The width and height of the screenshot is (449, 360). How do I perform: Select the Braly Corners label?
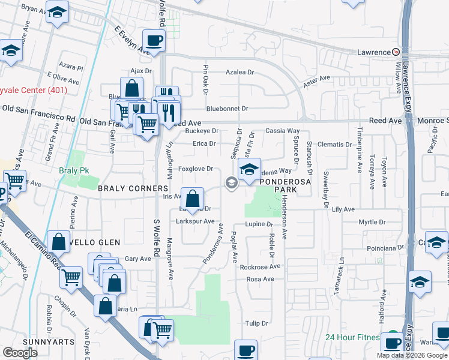tap(125, 188)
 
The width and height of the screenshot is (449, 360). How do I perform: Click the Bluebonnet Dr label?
tap(227, 109)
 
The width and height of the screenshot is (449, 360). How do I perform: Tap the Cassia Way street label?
tap(282, 131)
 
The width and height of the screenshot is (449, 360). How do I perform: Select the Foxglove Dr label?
tap(196, 169)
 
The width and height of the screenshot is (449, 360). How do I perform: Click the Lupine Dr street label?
tap(259, 224)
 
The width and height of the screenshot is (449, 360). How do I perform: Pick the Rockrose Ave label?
tap(260, 266)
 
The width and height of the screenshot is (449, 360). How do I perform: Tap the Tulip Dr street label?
tap(256, 323)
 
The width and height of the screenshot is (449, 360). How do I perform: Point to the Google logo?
tap(20, 353)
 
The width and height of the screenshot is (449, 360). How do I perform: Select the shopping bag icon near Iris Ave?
tap(192, 199)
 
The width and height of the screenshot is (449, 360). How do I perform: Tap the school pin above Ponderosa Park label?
tap(249, 170)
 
